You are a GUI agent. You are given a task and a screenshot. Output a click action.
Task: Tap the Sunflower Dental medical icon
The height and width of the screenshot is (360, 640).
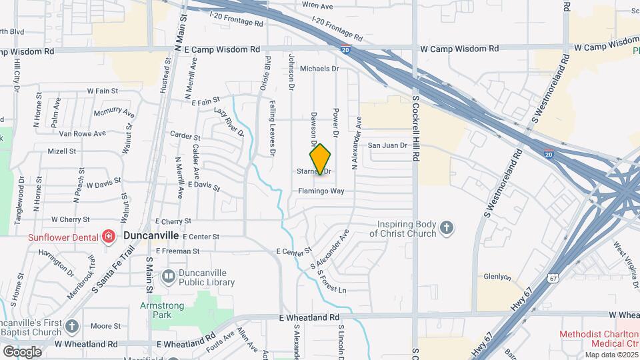tap(107, 236)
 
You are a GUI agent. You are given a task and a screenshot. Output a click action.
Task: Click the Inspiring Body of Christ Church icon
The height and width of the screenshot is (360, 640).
tap(447, 229)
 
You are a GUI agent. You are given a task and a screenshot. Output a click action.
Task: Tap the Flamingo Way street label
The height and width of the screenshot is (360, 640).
tap(321, 191)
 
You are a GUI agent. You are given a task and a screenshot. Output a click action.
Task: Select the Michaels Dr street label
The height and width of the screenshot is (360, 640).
tap(320, 69)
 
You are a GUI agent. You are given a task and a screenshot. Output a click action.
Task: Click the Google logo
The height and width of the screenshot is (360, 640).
tap(21, 351)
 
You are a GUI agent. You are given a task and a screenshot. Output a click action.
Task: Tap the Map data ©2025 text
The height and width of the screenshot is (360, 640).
tap(611, 355)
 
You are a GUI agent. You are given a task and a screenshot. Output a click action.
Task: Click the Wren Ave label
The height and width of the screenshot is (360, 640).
tap(317, 6)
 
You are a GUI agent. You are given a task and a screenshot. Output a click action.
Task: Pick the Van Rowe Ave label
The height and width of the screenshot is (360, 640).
tap(83, 133)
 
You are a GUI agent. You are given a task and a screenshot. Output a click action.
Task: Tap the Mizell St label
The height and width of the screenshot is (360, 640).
tap(62, 151)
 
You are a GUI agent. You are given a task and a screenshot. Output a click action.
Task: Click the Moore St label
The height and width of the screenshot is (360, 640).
tap(105, 327)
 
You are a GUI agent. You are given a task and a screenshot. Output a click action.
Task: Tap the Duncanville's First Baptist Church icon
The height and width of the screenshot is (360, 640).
tap(72, 326)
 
